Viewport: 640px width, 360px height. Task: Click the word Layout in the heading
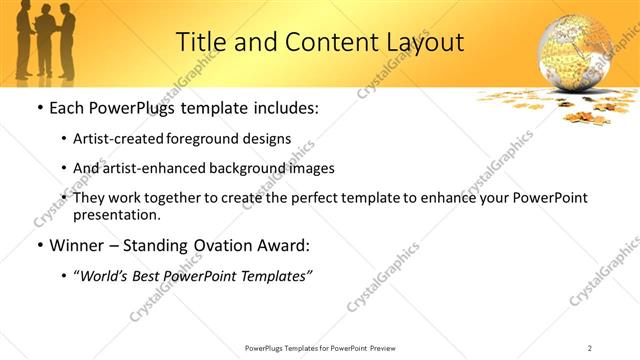[424, 42]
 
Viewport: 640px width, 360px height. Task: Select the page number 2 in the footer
[590, 347]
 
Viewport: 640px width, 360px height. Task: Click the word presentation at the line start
[116, 214]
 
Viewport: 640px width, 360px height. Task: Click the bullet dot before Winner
[39, 245]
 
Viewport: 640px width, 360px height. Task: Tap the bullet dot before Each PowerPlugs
[39, 108]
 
